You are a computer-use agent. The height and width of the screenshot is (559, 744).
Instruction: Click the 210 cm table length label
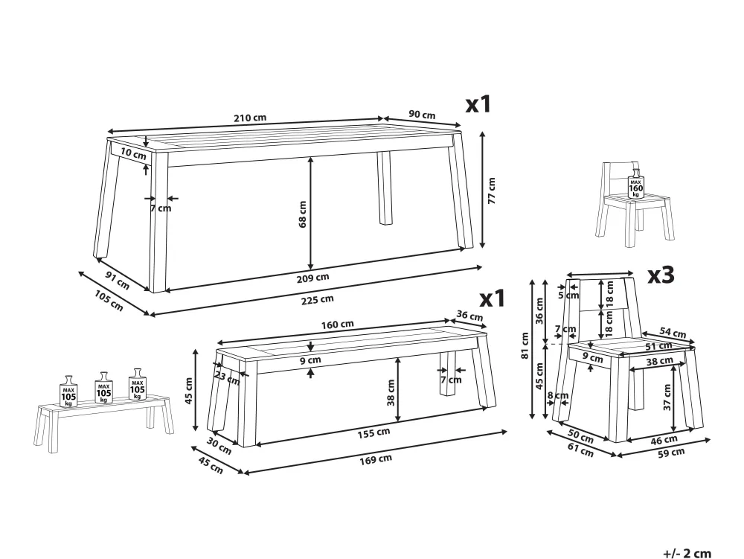click(x=250, y=118)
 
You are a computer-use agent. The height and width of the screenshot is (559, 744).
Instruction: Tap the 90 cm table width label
click(x=422, y=115)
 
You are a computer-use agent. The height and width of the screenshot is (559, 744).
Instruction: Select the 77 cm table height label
click(x=491, y=191)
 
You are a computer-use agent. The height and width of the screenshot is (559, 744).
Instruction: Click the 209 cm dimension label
click(x=318, y=277)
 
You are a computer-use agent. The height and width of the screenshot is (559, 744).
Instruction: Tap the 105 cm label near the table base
click(x=109, y=302)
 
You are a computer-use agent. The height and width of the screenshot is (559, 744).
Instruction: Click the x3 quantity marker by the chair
click(x=661, y=275)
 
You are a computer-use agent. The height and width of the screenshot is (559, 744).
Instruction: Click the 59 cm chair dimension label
click(x=671, y=450)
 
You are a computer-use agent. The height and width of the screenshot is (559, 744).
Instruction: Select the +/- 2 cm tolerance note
click(x=687, y=552)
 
